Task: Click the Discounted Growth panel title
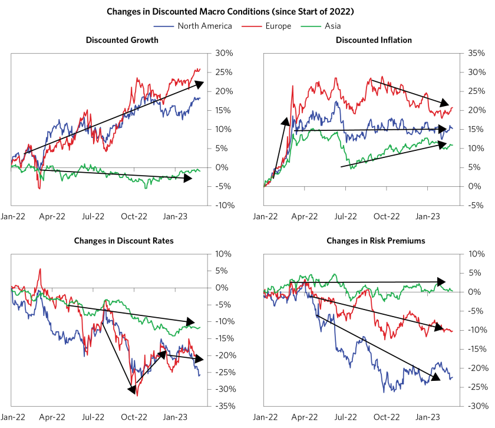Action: pyautogui.click(x=121, y=40)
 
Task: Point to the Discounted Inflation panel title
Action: pyautogui.click(x=374, y=40)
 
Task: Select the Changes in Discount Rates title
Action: pyautogui.click(x=115, y=241)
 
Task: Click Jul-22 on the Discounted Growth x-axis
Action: pyautogui.click(x=93, y=216)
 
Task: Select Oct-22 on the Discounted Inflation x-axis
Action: pyautogui.click(x=387, y=216)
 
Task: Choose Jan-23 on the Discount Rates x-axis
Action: pyautogui.click(x=175, y=417)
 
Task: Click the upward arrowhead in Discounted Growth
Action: pyautogui.click(x=199, y=83)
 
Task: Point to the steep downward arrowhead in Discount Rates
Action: pyautogui.click(x=131, y=389)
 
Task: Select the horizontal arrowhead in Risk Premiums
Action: pyautogui.click(x=442, y=282)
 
